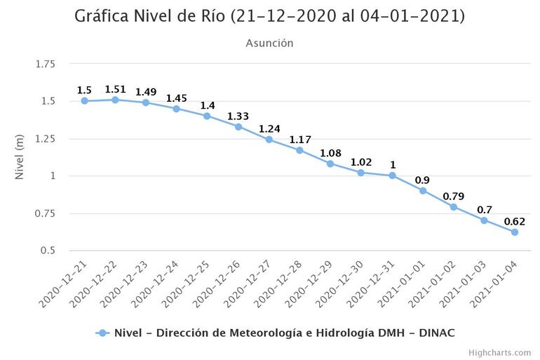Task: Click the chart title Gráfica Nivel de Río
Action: pos(269,16)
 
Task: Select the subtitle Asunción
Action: pos(269,44)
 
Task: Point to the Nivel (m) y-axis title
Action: pos(20,157)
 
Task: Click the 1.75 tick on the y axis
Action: pos(44,65)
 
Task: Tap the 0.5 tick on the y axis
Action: pos(48,251)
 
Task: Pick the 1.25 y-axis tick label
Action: pos(44,139)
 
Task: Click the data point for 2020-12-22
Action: pos(115,100)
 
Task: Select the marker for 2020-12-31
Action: pos(392,175)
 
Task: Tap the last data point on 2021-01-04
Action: pos(515,232)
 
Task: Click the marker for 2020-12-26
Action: pos(238,127)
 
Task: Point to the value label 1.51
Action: pos(115,89)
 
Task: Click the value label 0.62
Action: pos(515,222)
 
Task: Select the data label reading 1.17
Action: pos(300,140)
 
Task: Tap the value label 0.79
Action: pos(454,196)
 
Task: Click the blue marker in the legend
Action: pos(102,333)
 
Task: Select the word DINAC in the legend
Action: pos(438,333)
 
